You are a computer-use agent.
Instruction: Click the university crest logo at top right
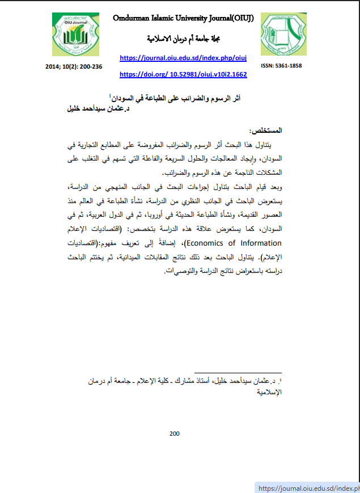[x=283, y=35]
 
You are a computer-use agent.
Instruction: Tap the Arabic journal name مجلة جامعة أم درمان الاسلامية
[x=175, y=39]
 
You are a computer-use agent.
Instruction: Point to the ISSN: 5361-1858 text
[x=281, y=66]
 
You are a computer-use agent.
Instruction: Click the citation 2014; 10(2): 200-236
[x=74, y=66]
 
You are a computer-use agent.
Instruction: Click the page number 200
[x=175, y=434]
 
